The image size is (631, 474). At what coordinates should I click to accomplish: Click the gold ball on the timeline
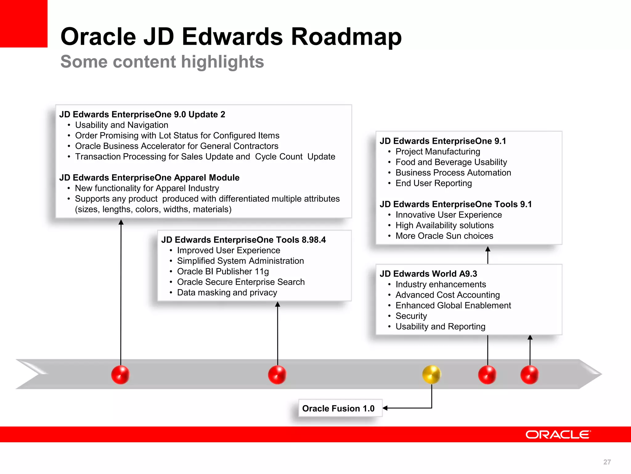click(x=432, y=374)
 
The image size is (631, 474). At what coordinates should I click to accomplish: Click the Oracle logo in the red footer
click(x=558, y=434)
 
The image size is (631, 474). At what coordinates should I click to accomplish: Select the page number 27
click(x=607, y=462)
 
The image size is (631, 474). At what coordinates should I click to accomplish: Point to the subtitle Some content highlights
click(x=162, y=61)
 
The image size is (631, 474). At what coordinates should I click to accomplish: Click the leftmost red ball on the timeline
click(x=120, y=375)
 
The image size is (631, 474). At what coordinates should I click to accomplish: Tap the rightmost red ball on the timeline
click(x=530, y=375)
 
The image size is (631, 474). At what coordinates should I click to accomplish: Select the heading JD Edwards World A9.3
click(x=428, y=274)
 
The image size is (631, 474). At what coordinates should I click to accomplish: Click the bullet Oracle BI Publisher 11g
click(x=223, y=271)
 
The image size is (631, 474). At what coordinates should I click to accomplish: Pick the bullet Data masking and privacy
click(x=227, y=292)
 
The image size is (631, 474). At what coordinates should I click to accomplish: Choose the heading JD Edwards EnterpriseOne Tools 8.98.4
click(x=243, y=240)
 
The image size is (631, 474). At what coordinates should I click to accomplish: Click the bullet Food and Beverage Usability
click(x=451, y=162)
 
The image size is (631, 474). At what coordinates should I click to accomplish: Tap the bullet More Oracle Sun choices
click(x=444, y=236)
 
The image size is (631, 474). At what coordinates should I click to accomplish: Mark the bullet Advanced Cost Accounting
click(x=447, y=295)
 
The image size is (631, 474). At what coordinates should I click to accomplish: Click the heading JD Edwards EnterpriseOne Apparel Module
click(x=149, y=178)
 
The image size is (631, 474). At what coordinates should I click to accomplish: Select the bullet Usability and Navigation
click(x=122, y=125)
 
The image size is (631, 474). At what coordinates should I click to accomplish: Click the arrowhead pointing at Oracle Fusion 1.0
click(x=385, y=408)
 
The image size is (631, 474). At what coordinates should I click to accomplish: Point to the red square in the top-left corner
click(x=23, y=23)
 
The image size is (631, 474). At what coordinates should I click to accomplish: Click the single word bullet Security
click(x=411, y=316)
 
